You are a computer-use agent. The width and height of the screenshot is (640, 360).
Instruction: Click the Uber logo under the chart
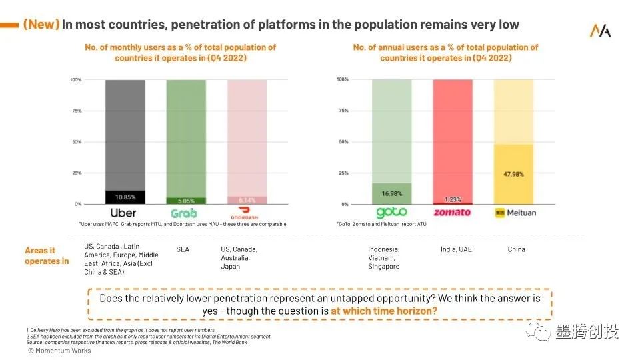coord(123,213)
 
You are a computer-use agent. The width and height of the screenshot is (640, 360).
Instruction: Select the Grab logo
coord(184,213)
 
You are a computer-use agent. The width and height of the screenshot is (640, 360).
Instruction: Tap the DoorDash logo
coord(245,213)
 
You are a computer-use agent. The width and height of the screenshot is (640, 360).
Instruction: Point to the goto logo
coord(391,213)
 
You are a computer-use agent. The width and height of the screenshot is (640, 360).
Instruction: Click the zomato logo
coord(451,213)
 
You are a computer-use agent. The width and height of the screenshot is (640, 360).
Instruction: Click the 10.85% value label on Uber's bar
coord(125,197)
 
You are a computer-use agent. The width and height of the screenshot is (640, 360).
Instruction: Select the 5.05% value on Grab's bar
coord(187,200)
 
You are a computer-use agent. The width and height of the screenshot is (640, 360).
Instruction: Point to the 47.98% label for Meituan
coord(513,174)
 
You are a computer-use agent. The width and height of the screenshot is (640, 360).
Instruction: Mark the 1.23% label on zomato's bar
coord(453,199)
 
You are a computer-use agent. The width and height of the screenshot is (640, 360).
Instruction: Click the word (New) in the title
coord(41,25)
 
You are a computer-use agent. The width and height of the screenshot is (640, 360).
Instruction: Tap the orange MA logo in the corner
coord(600,31)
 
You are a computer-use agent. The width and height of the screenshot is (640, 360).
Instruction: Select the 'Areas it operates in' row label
coord(47,256)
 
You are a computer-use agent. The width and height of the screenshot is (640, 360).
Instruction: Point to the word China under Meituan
coord(516,249)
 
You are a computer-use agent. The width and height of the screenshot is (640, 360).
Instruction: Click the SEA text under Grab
coord(183,249)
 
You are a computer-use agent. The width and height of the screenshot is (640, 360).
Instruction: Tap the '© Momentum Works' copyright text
coord(59,351)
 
